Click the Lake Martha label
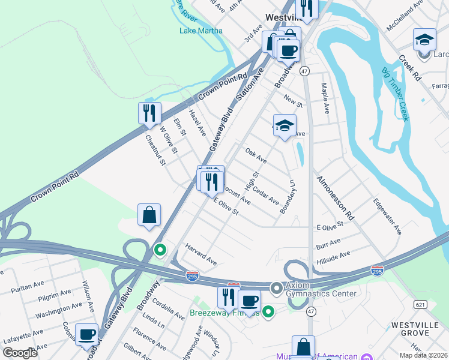point(201,31)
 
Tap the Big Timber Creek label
point(395,94)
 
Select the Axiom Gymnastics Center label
point(322,289)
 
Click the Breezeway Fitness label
point(224,313)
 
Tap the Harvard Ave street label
point(200,254)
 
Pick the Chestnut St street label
point(155,150)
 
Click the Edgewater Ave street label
point(387,216)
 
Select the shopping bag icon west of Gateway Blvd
point(149,215)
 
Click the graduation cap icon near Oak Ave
point(285,125)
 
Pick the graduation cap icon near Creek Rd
point(424,40)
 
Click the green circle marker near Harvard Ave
point(160,249)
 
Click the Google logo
point(20,353)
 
